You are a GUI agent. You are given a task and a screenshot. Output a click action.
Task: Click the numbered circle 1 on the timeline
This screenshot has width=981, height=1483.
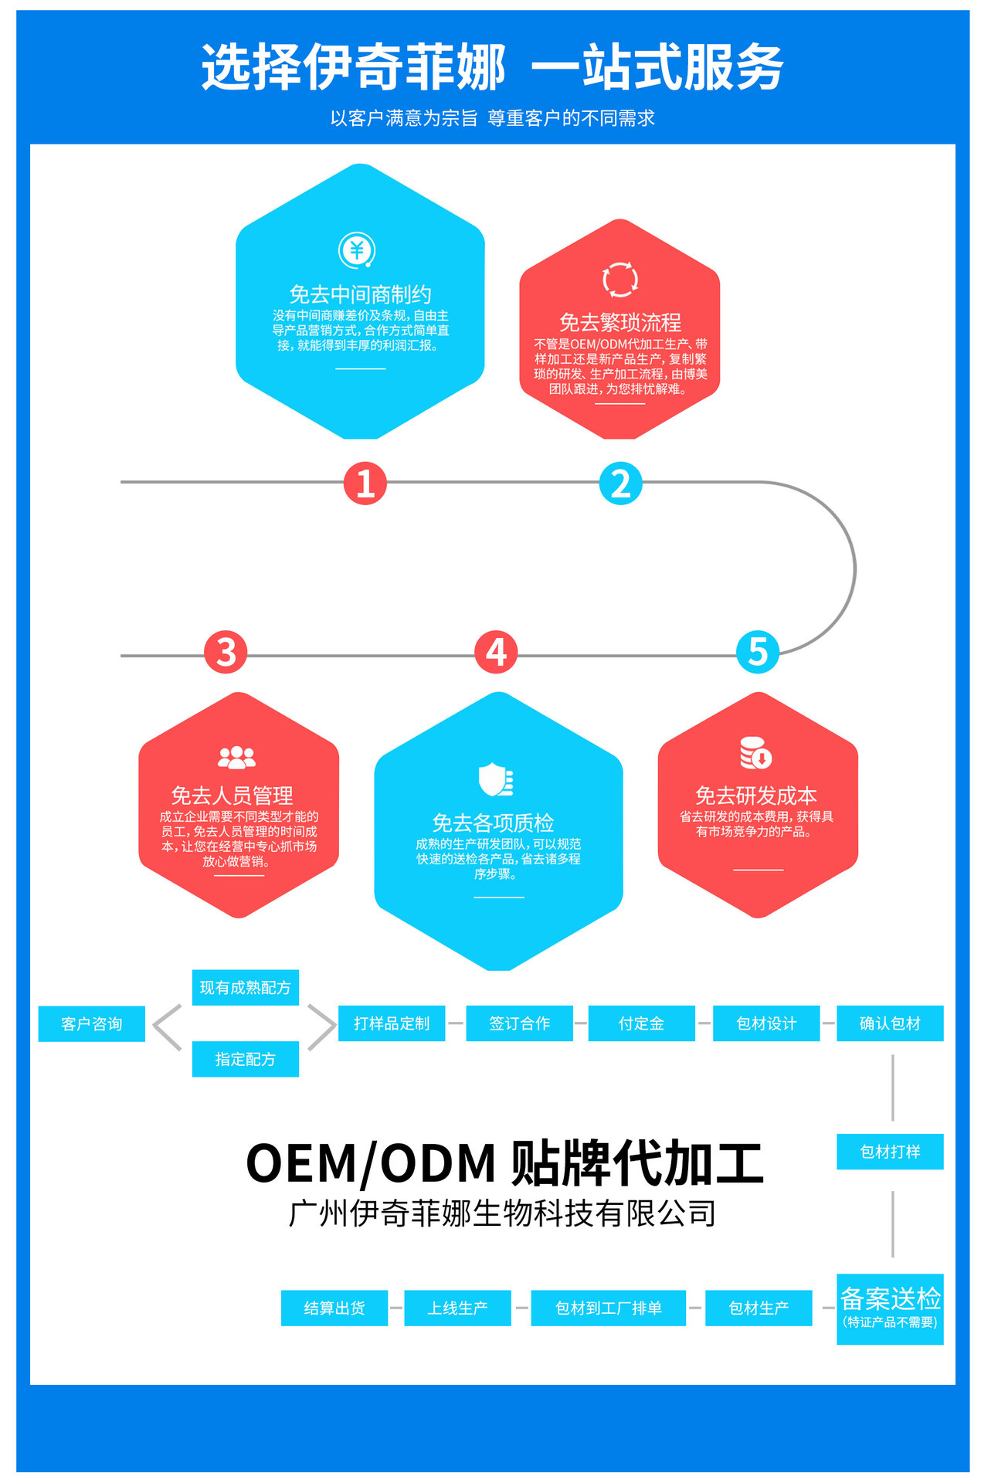(365, 484)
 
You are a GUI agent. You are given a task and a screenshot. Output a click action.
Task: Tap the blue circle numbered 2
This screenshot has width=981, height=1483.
(620, 484)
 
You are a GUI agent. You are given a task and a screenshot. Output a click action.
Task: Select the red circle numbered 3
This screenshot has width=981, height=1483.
(226, 652)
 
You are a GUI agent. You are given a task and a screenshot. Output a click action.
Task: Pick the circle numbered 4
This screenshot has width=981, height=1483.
(496, 652)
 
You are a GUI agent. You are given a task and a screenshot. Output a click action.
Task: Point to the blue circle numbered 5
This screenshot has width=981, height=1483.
(758, 652)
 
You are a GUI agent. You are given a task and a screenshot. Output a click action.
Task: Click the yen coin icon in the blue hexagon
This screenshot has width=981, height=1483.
(357, 250)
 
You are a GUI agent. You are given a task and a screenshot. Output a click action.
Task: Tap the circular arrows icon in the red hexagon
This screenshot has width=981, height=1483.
(620, 280)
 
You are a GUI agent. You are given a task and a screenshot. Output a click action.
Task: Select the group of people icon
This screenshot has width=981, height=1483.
(236, 758)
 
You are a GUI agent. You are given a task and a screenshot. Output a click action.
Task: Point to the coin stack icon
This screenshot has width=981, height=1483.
(755, 753)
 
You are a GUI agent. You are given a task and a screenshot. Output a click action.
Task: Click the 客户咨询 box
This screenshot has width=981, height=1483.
(92, 1023)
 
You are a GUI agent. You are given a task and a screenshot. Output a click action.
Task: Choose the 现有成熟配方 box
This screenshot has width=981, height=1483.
(245, 988)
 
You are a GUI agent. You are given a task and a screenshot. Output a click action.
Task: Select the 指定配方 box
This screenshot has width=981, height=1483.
(245, 1059)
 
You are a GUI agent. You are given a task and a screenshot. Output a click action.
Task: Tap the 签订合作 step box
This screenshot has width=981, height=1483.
(519, 1023)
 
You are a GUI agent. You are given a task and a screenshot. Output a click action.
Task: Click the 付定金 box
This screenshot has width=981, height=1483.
(641, 1023)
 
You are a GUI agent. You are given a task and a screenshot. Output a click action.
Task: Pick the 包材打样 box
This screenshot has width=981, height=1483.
(890, 1152)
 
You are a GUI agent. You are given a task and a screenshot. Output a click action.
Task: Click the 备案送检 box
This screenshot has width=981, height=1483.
(890, 1308)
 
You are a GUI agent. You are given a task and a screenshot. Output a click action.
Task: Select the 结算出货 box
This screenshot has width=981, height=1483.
(334, 1308)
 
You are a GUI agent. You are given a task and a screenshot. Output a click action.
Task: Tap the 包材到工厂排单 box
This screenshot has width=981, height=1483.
(608, 1308)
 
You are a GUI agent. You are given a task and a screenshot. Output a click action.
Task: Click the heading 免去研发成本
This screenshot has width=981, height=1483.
(755, 796)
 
